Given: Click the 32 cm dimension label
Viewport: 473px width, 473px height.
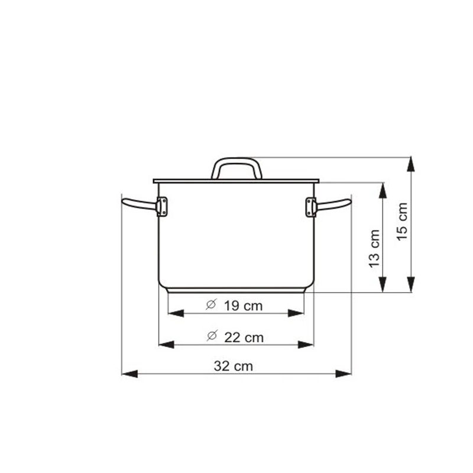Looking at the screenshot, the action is coord(233,366).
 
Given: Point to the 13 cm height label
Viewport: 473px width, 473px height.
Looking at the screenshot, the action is coord(374,248).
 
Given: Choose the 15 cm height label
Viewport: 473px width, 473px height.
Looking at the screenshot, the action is coord(402,221).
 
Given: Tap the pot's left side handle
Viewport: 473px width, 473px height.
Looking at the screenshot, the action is coord(140,204).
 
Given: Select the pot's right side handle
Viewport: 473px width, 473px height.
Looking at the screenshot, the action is coord(333,205).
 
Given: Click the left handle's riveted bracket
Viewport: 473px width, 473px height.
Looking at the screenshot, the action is coord(162,206).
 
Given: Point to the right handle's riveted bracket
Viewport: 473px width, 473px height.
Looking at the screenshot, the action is coord(311,207).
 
